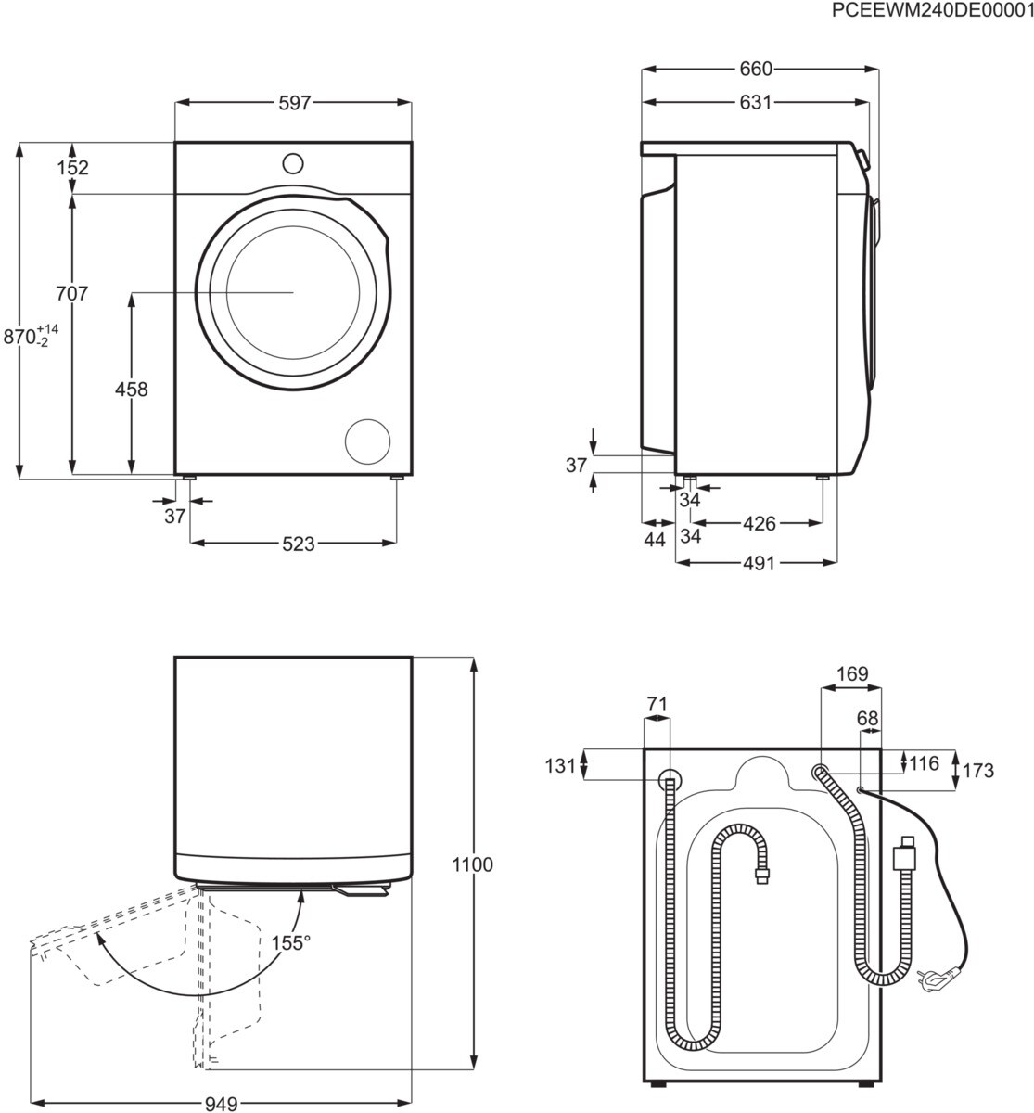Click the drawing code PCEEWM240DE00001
pyautogui.click(x=932, y=10)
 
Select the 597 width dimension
pyautogui.click(x=295, y=103)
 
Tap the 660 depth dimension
pyautogui.click(x=756, y=69)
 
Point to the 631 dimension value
pyautogui.click(x=756, y=103)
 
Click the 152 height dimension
pyautogui.click(x=73, y=168)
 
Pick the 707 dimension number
pyautogui.click(x=72, y=293)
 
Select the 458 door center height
pyautogui.click(x=131, y=389)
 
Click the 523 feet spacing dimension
pyautogui.click(x=299, y=544)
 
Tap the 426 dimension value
pyautogui.click(x=760, y=523)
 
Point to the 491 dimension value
pyautogui.click(x=759, y=563)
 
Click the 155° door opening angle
pyautogui.click(x=291, y=942)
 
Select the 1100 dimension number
pyautogui.click(x=472, y=864)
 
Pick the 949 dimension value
pyautogui.click(x=221, y=1104)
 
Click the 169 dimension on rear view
pyautogui.click(x=852, y=673)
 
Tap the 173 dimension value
pyautogui.click(x=978, y=771)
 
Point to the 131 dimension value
pyautogui.click(x=560, y=765)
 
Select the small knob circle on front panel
pyautogui.click(x=293, y=164)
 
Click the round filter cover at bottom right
pyautogui.click(x=367, y=441)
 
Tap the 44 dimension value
pyautogui.click(x=655, y=539)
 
